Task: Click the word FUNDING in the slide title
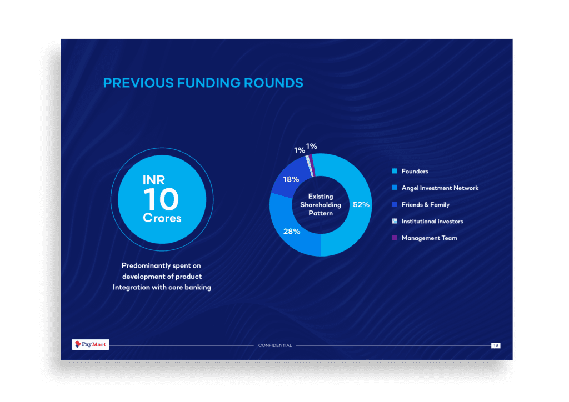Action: pyautogui.click(x=209, y=83)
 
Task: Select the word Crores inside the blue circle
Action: pyautogui.click(x=162, y=218)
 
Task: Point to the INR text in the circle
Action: pyautogui.click(x=154, y=180)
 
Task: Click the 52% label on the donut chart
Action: pyautogui.click(x=361, y=204)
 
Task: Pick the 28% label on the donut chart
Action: pyautogui.click(x=292, y=232)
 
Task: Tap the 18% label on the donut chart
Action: pyautogui.click(x=291, y=179)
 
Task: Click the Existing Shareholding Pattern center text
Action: pyautogui.click(x=321, y=205)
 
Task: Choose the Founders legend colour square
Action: pyautogui.click(x=395, y=171)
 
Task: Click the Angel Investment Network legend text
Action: pyautogui.click(x=440, y=188)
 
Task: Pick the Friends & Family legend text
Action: pyautogui.click(x=425, y=204)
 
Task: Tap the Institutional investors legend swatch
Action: pyautogui.click(x=395, y=221)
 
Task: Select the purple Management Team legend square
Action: pyautogui.click(x=395, y=238)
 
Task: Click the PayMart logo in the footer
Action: pyautogui.click(x=91, y=344)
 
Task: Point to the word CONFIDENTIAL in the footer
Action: pyautogui.click(x=275, y=345)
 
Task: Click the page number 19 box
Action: pyautogui.click(x=496, y=345)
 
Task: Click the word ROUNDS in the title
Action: pyautogui.click(x=273, y=83)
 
